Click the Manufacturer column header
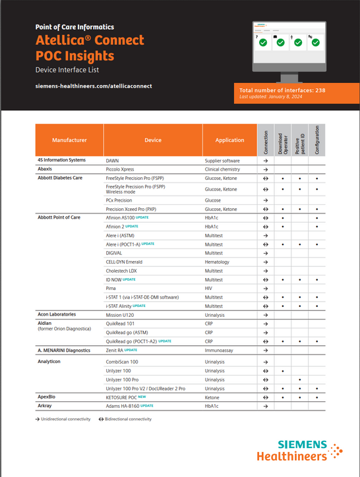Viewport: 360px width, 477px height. click(x=69, y=140)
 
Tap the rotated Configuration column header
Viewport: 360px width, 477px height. click(x=316, y=140)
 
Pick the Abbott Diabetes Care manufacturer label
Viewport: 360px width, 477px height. click(x=60, y=178)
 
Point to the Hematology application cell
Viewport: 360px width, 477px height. click(x=218, y=262)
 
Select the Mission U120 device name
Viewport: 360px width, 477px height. click(x=121, y=314)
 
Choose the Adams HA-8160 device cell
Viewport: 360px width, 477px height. click(x=123, y=406)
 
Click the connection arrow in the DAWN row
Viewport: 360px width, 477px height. click(x=265, y=160)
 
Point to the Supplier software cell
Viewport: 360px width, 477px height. click(x=222, y=160)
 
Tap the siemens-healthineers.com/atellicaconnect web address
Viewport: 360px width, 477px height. click(x=94, y=86)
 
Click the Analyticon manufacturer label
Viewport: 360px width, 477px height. click(x=51, y=362)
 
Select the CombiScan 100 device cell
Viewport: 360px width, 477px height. click(x=123, y=362)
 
